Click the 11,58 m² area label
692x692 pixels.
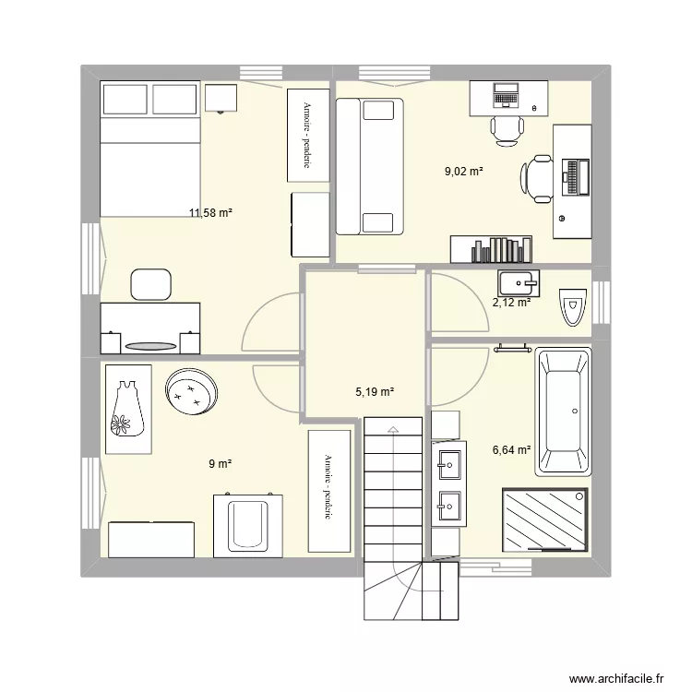[210, 213]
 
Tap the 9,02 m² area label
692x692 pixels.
[464, 171]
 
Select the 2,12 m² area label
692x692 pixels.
[511, 302]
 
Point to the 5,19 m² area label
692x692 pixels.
[375, 392]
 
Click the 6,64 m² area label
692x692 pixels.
[512, 450]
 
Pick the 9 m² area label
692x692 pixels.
[219, 464]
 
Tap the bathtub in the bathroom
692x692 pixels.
[564, 412]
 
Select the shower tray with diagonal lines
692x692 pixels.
[544, 520]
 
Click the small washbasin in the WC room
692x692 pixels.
[517, 280]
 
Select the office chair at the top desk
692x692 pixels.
[506, 130]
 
